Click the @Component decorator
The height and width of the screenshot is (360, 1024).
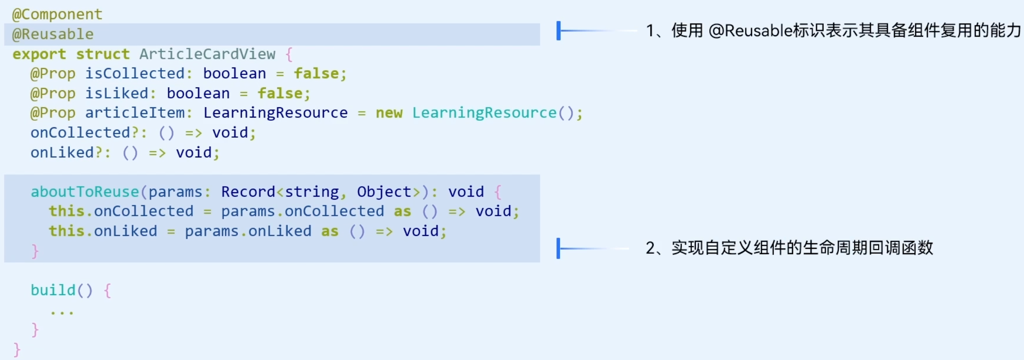point(57,14)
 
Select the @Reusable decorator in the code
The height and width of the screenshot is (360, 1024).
point(53,34)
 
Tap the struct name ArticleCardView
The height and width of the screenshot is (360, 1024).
point(207,54)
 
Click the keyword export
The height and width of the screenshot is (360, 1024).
point(39,54)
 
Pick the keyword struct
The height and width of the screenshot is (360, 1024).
point(103,54)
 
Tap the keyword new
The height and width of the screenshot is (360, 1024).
point(389,113)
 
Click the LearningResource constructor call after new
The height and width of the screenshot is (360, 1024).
point(484,113)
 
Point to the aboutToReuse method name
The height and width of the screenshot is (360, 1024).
point(85,192)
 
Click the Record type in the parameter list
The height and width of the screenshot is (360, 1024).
point(248,192)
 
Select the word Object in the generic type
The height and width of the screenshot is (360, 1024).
point(384,192)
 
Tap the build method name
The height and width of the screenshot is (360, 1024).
point(53,290)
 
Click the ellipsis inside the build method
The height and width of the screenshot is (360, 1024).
point(62,312)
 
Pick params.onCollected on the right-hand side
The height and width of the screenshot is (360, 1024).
point(302,211)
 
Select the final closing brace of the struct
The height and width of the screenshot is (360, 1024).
point(17,350)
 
